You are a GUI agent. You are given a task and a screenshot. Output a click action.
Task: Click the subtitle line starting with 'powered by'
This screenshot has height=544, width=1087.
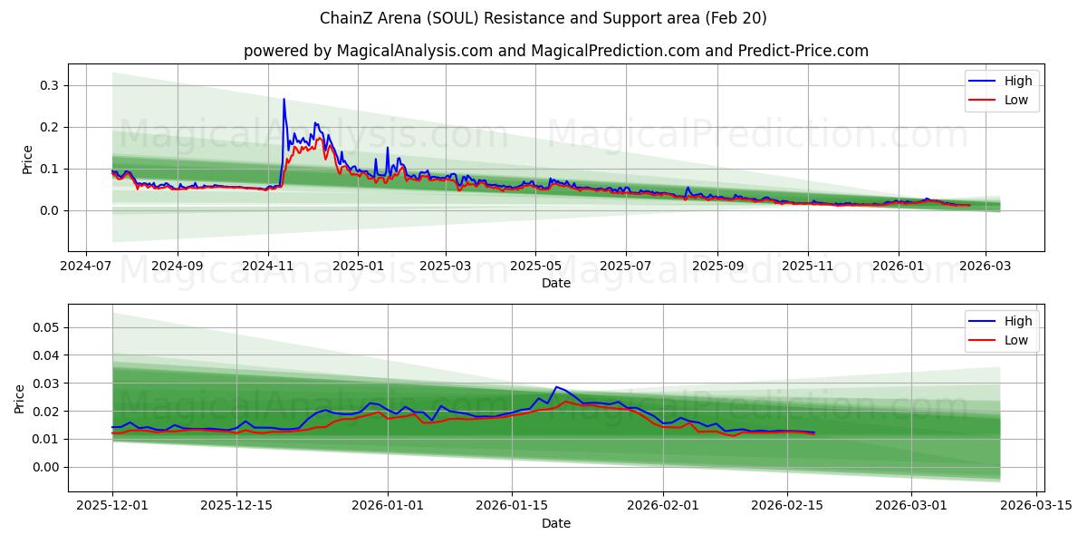click(x=555, y=51)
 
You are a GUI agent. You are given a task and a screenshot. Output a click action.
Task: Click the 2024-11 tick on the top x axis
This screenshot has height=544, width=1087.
click(x=267, y=267)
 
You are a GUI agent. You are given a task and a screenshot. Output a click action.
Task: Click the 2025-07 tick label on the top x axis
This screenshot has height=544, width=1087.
click(x=626, y=267)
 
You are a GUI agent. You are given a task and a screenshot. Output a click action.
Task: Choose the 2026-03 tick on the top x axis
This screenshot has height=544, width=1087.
click(x=986, y=267)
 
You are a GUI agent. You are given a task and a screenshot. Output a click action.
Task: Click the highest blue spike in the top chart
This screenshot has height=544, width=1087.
click(x=284, y=100)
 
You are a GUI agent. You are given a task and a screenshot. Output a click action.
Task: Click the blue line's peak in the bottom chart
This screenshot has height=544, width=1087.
click(x=556, y=387)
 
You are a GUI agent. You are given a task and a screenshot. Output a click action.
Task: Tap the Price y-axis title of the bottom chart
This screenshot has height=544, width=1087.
click(x=20, y=398)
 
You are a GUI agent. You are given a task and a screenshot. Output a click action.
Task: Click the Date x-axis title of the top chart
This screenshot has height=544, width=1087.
click(x=555, y=283)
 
